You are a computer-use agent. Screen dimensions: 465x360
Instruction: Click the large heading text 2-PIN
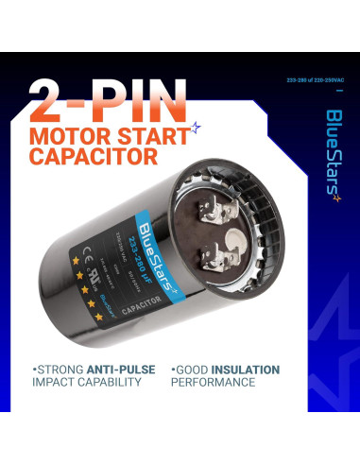click(x=107, y=96)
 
